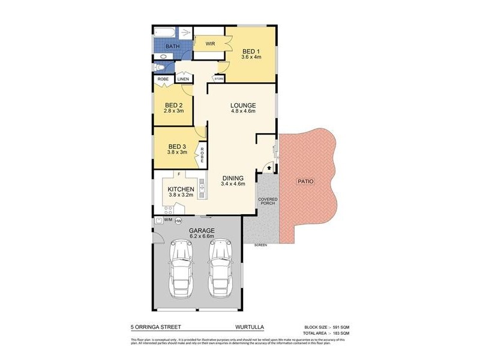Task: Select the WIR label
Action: click(211, 44)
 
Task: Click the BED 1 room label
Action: click(252, 50)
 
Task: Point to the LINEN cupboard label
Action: click(183, 79)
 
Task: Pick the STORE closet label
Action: click(219, 79)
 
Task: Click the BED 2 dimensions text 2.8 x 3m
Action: click(174, 111)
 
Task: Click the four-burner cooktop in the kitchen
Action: click(169, 209)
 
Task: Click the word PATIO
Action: click(305, 181)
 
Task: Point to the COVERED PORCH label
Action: click(267, 201)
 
